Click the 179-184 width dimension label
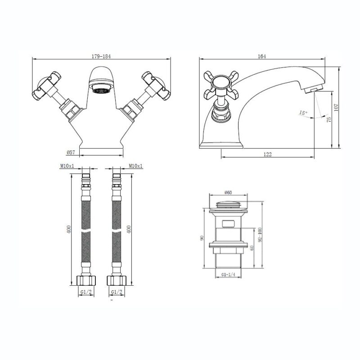tap(101, 56)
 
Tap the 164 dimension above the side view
tap(262, 56)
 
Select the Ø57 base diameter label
tap(71, 152)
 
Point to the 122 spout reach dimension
tap(267, 154)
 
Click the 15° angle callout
tap(303, 113)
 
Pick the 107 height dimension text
tap(336, 108)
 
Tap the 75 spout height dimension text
tap(329, 119)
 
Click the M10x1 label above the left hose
tap(67, 166)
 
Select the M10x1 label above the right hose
tap(135, 166)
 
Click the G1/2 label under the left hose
tap(86, 292)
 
